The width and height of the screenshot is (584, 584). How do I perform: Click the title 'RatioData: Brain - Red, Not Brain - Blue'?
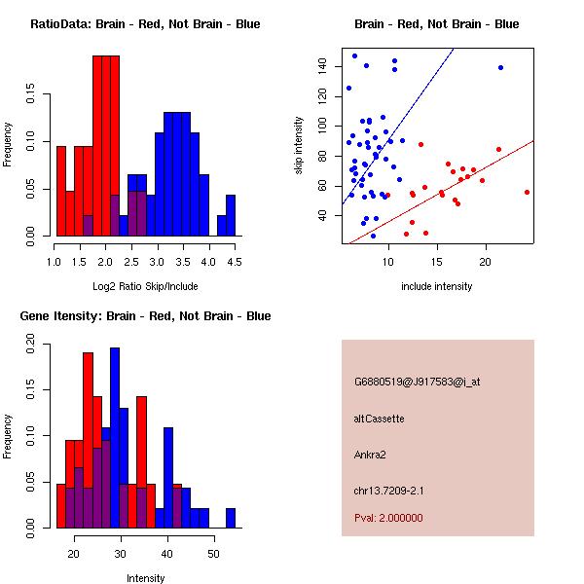pos(145,24)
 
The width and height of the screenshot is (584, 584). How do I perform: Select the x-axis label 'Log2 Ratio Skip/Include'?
pos(145,286)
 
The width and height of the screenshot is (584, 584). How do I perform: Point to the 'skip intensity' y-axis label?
pos(299,147)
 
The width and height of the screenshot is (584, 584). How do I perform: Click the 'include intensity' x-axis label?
pos(437,286)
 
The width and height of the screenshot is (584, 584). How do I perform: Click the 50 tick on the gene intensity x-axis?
pos(212,553)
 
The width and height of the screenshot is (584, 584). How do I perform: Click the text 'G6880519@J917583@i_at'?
pos(418,382)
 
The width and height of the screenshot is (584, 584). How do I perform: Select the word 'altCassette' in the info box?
pos(380,419)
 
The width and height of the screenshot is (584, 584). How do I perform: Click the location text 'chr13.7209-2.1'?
pos(389,489)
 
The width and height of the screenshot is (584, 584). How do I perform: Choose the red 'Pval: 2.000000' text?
pos(388,518)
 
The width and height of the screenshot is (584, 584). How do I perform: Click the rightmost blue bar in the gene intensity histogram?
pos(231,518)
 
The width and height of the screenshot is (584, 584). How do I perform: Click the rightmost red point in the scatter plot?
pos(527,192)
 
